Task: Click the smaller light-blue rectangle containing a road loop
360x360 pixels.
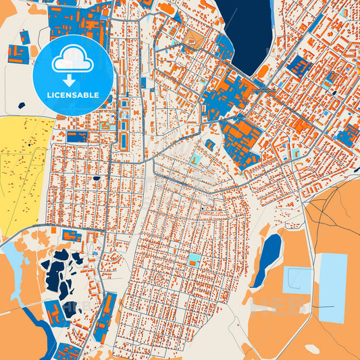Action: pyautogui.click(x=298, y=279)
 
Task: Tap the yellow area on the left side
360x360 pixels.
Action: pyautogui.click(x=24, y=172)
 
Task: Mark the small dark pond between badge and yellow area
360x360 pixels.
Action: pyautogui.click(x=22, y=105)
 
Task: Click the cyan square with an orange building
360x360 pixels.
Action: pyautogui.click(x=195, y=259)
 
